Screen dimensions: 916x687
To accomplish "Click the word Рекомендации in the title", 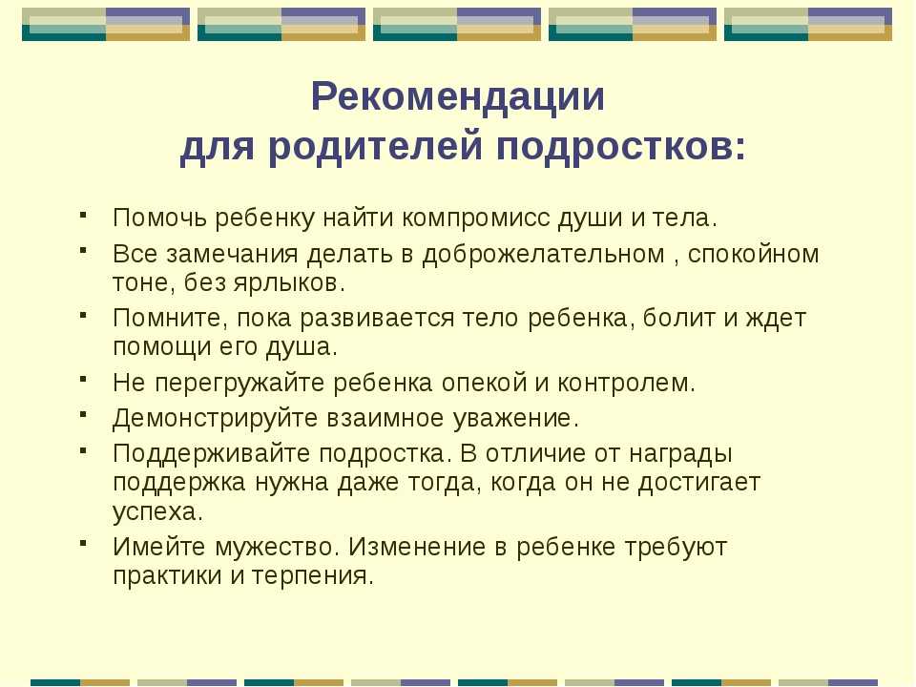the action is pos(457,96).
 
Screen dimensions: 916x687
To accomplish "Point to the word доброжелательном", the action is pos(543,255).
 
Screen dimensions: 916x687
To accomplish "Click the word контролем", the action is pos(626,384).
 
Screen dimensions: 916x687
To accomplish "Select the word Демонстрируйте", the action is pos(216,419).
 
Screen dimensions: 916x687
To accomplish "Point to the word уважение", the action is pos(516,419).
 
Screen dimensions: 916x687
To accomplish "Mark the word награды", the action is pos(680,454).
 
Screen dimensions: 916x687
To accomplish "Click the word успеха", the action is pos(157,512).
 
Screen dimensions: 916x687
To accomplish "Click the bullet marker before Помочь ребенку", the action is pos(84,214).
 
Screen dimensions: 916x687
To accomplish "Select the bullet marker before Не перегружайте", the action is pos(84,379).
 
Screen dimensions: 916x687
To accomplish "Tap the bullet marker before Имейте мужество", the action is pos(84,543).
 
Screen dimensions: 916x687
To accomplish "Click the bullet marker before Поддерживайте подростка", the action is pos(84,449).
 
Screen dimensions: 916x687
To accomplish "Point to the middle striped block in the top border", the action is pos(457,24).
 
